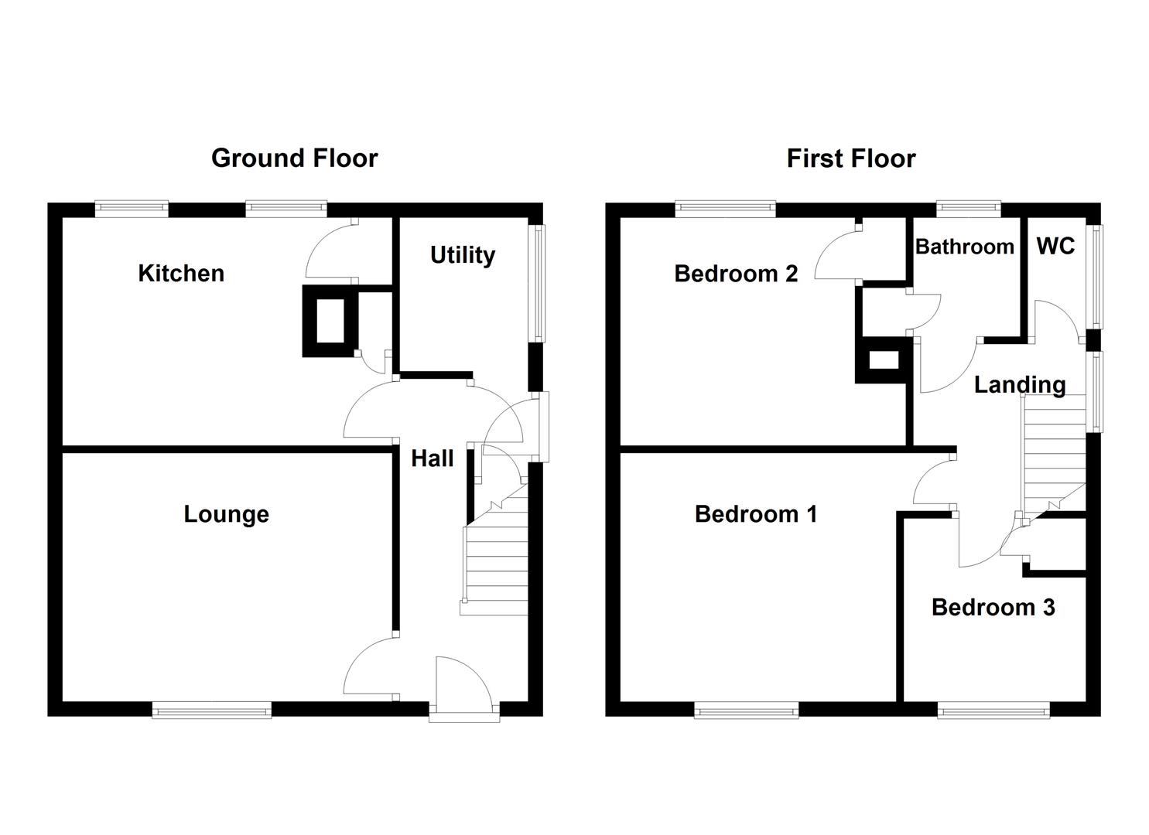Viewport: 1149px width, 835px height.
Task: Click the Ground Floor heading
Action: click(294, 158)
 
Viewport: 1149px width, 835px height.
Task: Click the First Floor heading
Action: click(850, 158)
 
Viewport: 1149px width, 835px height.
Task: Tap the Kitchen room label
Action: click(181, 273)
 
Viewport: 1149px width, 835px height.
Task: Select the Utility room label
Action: click(462, 255)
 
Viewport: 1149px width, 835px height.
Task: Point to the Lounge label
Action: click(226, 514)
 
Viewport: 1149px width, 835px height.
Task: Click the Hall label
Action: click(432, 458)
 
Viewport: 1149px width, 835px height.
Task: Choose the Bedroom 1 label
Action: click(755, 514)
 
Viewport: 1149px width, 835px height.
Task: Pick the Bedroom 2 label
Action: click(735, 274)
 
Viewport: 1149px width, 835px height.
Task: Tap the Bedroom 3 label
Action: click(993, 608)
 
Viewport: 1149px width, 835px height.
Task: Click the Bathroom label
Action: click(964, 247)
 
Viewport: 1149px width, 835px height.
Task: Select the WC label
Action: click(1055, 247)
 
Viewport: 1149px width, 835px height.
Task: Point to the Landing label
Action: click(1019, 384)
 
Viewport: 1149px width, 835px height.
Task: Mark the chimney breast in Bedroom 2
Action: click(883, 360)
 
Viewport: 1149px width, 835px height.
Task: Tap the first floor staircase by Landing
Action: click(1053, 452)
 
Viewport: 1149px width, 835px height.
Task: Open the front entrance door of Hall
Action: click(463, 688)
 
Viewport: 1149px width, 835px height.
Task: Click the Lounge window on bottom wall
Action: click(212, 709)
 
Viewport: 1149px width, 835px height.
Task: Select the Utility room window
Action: click(536, 283)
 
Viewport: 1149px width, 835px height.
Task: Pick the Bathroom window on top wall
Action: click(968, 209)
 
